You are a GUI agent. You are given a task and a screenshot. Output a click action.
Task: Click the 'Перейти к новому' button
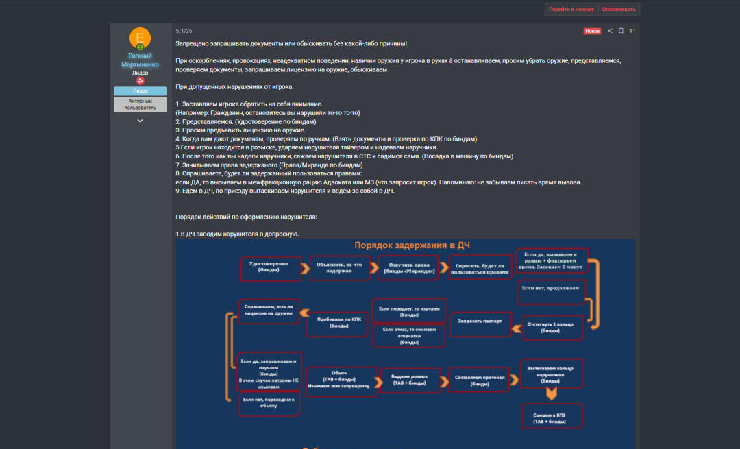point(571,9)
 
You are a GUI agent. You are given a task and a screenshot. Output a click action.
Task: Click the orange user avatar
point(140,38)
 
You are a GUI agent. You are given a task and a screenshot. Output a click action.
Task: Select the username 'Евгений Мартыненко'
point(140,60)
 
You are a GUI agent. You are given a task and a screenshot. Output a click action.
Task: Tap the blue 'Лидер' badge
point(140,90)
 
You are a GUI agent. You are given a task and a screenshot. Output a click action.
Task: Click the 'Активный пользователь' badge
point(140,104)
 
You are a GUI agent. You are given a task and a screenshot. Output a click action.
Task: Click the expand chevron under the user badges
point(140,121)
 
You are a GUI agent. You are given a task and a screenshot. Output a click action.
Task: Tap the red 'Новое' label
point(592,31)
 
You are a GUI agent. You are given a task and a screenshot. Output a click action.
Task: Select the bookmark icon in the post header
point(621,31)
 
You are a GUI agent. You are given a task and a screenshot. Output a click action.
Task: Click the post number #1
point(632,31)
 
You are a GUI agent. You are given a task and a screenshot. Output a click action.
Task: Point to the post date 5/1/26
point(184,31)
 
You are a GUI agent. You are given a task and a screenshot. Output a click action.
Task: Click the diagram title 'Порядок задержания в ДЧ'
point(412,245)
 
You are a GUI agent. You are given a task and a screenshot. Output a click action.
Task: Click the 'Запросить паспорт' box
point(480,321)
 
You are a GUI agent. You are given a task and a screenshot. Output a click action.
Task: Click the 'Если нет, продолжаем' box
point(550,288)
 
